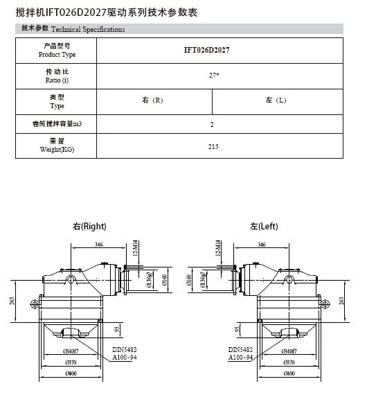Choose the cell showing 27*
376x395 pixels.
215,75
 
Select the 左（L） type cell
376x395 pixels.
276,100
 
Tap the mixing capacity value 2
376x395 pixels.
212,125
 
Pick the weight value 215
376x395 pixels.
213,146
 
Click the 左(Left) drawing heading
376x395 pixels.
264,226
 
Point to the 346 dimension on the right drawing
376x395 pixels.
99,245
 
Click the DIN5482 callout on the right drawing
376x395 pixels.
124,350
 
